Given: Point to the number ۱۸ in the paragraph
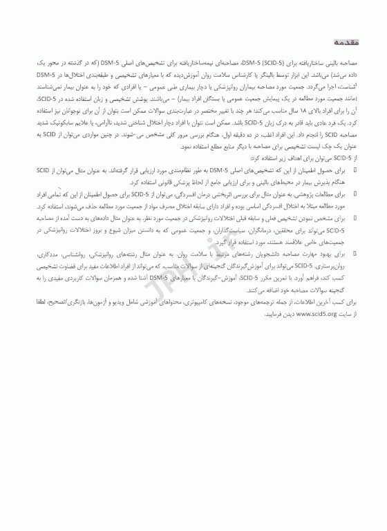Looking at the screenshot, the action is (271, 109).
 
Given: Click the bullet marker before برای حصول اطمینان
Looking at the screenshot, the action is (355, 170).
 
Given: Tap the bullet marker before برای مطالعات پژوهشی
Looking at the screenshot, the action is (355, 195).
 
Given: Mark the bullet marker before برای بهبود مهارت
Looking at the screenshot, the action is (355, 255).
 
